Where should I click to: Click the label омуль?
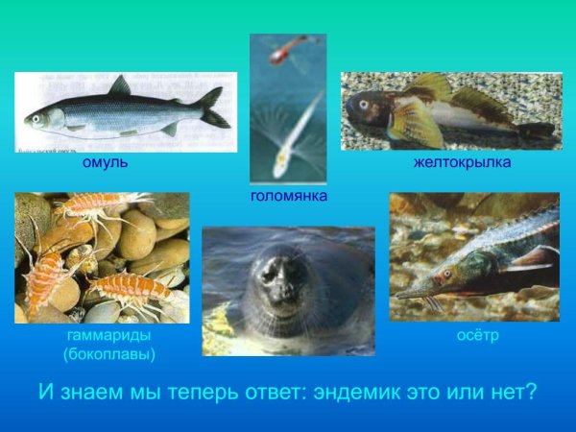coord(106,163)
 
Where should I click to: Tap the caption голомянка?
coord(289,196)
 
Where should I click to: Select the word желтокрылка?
coord(462,163)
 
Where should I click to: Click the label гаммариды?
coord(108,336)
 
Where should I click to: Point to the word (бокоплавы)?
coord(108,353)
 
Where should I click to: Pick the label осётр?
coord(477,336)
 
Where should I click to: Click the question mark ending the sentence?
coord(530,392)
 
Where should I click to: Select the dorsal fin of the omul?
coord(120,86)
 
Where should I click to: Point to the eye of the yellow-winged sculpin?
coord(364,103)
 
